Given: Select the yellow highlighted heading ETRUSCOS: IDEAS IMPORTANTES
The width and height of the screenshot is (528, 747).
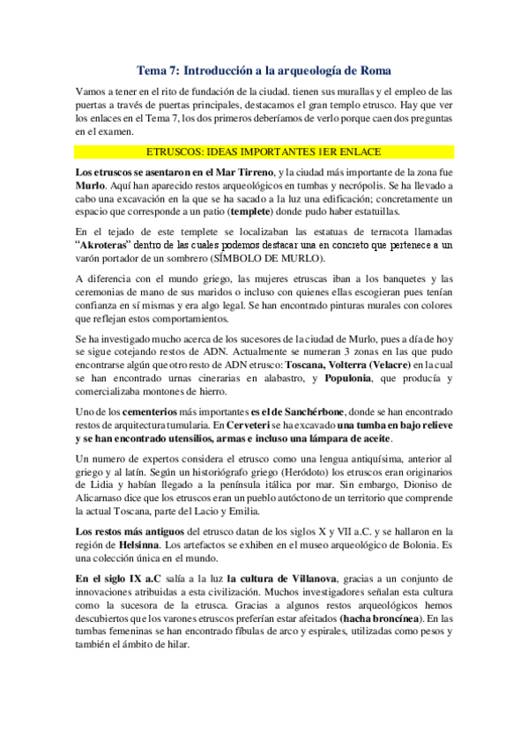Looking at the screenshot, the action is coord(264,151).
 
